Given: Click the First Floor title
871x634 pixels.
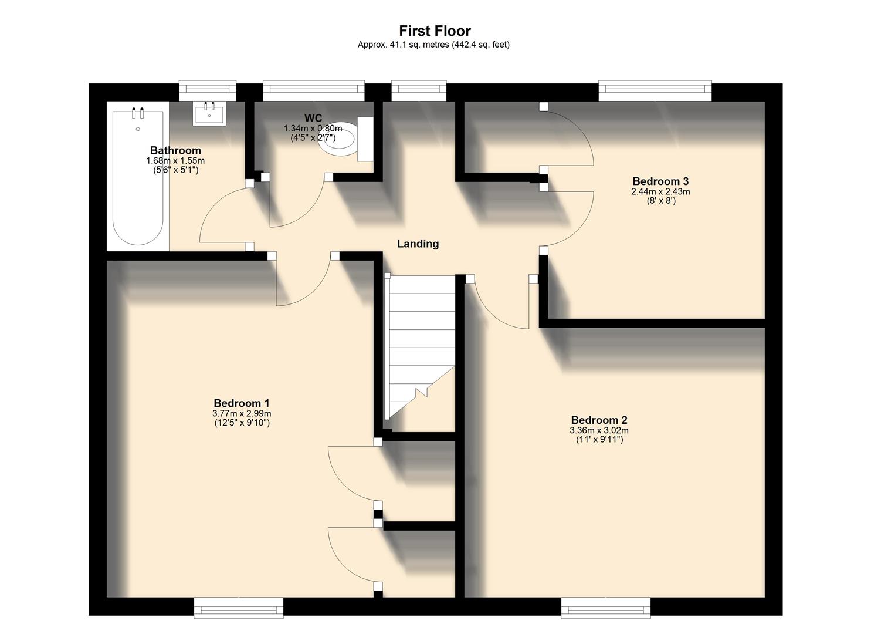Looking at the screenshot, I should [x=435, y=31].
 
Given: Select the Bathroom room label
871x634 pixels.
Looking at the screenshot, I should [x=175, y=150].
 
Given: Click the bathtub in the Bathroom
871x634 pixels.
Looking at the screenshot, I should [x=138, y=176].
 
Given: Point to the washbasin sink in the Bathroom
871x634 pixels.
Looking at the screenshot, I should [x=209, y=113].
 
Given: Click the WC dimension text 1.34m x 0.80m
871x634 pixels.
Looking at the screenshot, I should [x=313, y=129].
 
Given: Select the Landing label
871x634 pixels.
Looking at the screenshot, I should [x=418, y=244].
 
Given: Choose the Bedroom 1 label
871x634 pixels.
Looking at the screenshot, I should [x=242, y=403].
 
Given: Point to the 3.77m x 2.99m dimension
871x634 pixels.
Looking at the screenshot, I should [x=242, y=413].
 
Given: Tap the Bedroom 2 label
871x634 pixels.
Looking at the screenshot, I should [x=599, y=420].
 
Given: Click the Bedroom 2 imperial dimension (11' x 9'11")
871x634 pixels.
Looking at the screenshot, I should [x=599, y=439].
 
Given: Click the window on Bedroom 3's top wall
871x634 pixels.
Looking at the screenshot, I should [x=655, y=89].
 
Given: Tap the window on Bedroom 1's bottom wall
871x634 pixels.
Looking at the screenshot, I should [x=239, y=608].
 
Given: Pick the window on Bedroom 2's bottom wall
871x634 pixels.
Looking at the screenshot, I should [x=605, y=608].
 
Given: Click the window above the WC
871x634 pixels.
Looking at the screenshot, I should [x=313, y=89].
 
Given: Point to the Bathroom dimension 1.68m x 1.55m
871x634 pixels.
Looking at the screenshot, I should [x=175, y=161].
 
